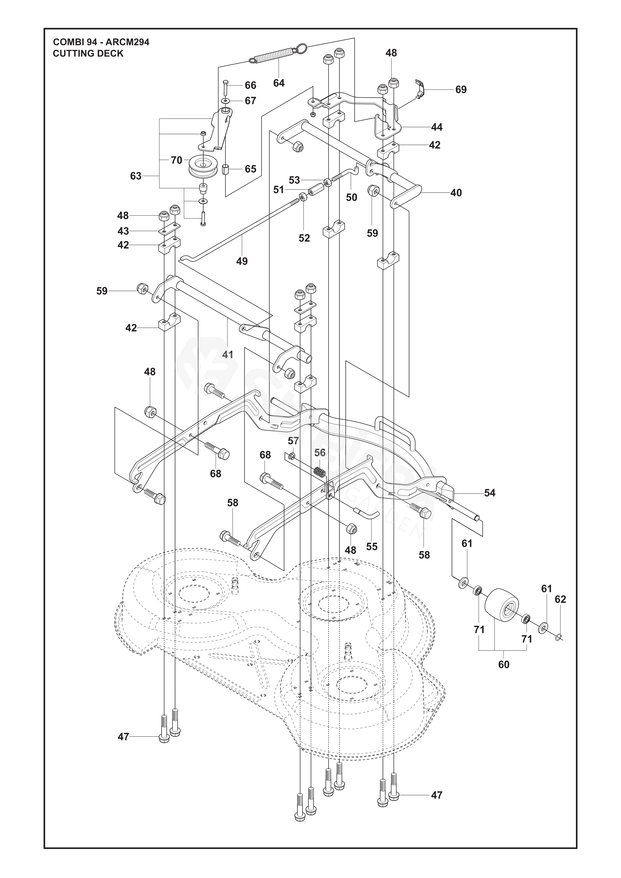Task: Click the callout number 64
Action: point(279,83)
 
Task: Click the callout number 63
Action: point(136,176)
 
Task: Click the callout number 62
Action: point(560,599)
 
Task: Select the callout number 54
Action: point(490,493)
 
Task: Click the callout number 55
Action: point(372,547)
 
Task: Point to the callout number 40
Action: point(456,193)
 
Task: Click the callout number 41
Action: point(228,355)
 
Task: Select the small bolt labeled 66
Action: point(225,89)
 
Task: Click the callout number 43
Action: point(123,231)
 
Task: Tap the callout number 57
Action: point(293,441)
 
